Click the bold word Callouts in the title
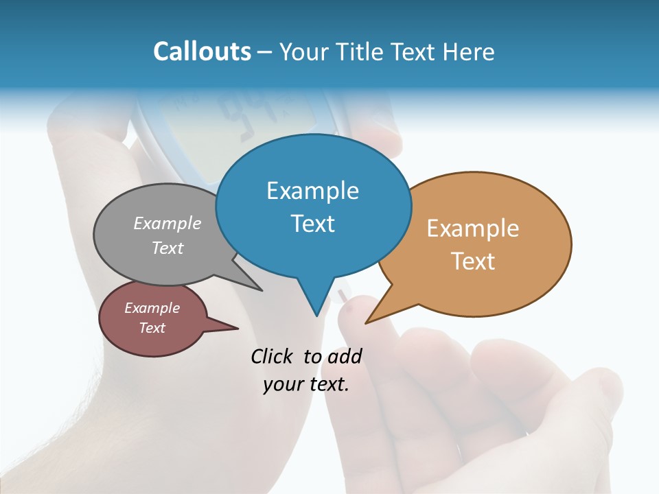[x=202, y=51]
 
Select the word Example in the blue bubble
[x=312, y=191]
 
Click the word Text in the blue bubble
[x=312, y=224]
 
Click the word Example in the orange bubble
[x=473, y=228]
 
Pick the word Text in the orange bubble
[x=473, y=261]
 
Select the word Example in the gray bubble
[x=167, y=224]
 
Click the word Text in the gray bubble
[x=167, y=248]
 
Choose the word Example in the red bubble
[x=152, y=308]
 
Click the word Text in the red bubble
[x=152, y=328]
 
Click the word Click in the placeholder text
[x=273, y=356]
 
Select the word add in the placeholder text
[x=345, y=356]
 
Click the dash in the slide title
[x=266, y=52]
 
